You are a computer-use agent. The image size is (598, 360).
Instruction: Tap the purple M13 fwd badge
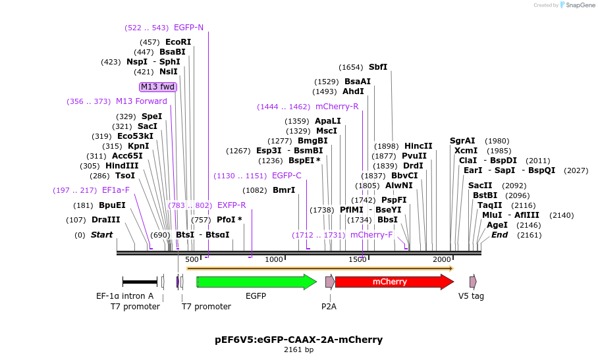click(158, 87)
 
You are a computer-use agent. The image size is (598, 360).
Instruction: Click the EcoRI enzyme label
click(178, 42)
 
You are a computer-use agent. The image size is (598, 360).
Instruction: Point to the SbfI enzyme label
click(378, 67)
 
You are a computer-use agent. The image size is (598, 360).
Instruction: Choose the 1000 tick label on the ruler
click(274, 260)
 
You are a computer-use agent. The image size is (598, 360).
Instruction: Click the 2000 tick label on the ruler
click(442, 260)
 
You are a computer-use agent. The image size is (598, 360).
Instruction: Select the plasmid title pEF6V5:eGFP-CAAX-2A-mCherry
click(298, 340)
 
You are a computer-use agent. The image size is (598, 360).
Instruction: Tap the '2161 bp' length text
click(298, 350)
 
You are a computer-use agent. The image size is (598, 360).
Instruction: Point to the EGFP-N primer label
click(188, 28)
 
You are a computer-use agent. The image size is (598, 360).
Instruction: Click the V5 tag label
click(471, 296)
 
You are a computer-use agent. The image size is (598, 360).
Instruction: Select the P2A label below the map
click(329, 306)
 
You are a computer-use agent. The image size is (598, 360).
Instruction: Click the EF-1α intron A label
click(124, 296)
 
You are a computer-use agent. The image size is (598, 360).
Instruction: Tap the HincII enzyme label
click(418, 146)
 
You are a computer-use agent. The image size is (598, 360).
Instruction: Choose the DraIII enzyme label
click(106, 220)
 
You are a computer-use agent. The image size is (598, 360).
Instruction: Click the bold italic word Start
click(101, 235)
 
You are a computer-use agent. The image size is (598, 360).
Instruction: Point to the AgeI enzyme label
click(497, 225)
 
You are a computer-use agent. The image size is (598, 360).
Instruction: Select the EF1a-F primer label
click(116, 190)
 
